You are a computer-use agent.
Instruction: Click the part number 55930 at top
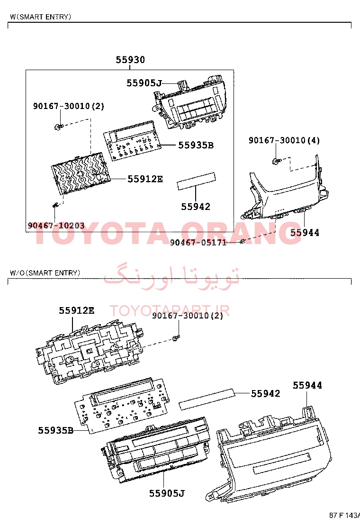click(x=130, y=60)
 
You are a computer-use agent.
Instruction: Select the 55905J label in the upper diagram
click(x=144, y=83)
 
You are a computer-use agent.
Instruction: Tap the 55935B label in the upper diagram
click(x=196, y=145)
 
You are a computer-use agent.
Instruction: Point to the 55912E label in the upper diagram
click(x=145, y=179)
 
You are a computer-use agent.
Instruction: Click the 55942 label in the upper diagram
click(x=196, y=206)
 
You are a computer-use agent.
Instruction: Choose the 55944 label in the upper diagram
click(x=305, y=232)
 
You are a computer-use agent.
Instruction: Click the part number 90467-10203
click(x=56, y=225)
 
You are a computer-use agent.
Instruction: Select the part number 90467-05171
click(x=198, y=242)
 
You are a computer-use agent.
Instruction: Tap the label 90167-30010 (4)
click(x=284, y=140)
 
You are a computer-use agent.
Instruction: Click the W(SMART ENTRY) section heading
click(x=41, y=17)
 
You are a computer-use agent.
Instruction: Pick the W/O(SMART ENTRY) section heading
click(x=45, y=273)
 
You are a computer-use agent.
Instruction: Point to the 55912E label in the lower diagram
click(x=77, y=310)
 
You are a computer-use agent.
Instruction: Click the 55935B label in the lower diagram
click(x=56, y=430)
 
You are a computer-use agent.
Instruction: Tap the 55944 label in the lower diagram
click(x=307, y=385)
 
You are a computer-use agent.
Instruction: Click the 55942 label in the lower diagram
click(x=266, y=393)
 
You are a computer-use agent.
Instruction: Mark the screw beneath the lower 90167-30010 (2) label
click(x=175, y=338)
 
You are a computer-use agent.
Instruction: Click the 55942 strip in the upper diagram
click(x=196, y=182)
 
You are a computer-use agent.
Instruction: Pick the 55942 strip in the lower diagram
click(x=207, y=400)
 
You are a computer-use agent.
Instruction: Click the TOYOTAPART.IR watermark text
click(x=170, y=310)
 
